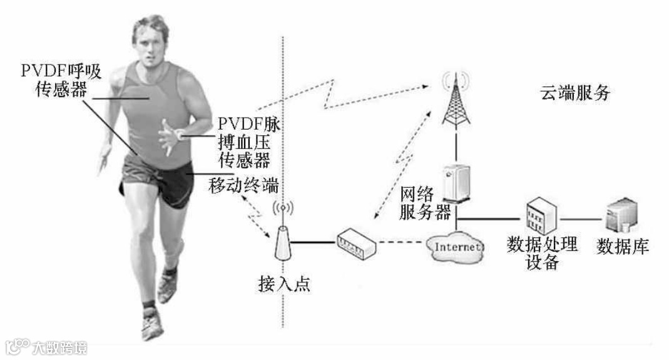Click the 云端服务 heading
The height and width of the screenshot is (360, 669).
[574, 94]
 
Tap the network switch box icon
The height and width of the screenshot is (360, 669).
[356, 244]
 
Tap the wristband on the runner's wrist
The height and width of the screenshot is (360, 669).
[180, 134]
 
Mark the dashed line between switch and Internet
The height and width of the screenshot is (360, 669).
[401, 243]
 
